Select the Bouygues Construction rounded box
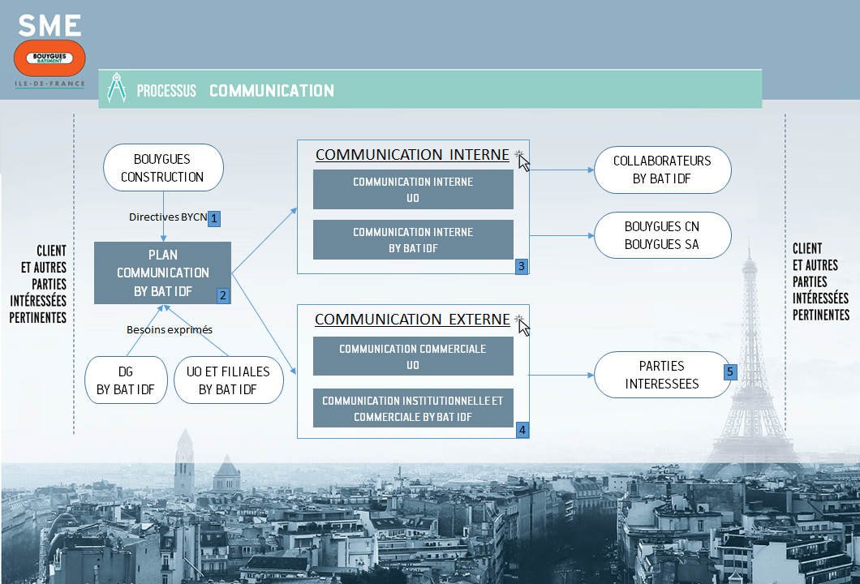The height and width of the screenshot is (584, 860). (163, 168)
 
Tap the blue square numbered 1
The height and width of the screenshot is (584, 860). (215, 217)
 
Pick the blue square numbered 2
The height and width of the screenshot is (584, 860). (222, 296)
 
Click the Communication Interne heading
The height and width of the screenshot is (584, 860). (412, 155)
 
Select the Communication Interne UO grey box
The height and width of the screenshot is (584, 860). (413, 190)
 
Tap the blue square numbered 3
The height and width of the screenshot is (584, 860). (522, 266)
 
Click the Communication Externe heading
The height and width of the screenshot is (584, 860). (412, 320)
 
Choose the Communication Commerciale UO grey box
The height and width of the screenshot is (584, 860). (413, 357)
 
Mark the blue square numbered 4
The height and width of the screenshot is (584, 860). (522, 430)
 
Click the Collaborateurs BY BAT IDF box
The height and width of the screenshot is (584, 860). (662, 170)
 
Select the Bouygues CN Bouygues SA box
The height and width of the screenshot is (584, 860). (662, 236)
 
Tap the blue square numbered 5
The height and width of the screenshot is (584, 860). (730, 371)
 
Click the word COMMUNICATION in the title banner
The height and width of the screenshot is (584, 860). (272, 91)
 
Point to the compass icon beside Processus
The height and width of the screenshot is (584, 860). (117, 88)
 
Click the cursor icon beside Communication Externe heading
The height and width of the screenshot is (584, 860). (523, 325)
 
